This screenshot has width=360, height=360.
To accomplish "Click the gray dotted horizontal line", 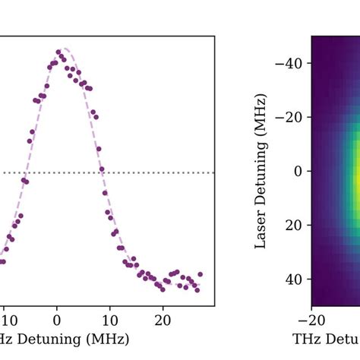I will (x=152, y=172).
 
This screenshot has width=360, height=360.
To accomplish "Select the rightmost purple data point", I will (x=201, y=274).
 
